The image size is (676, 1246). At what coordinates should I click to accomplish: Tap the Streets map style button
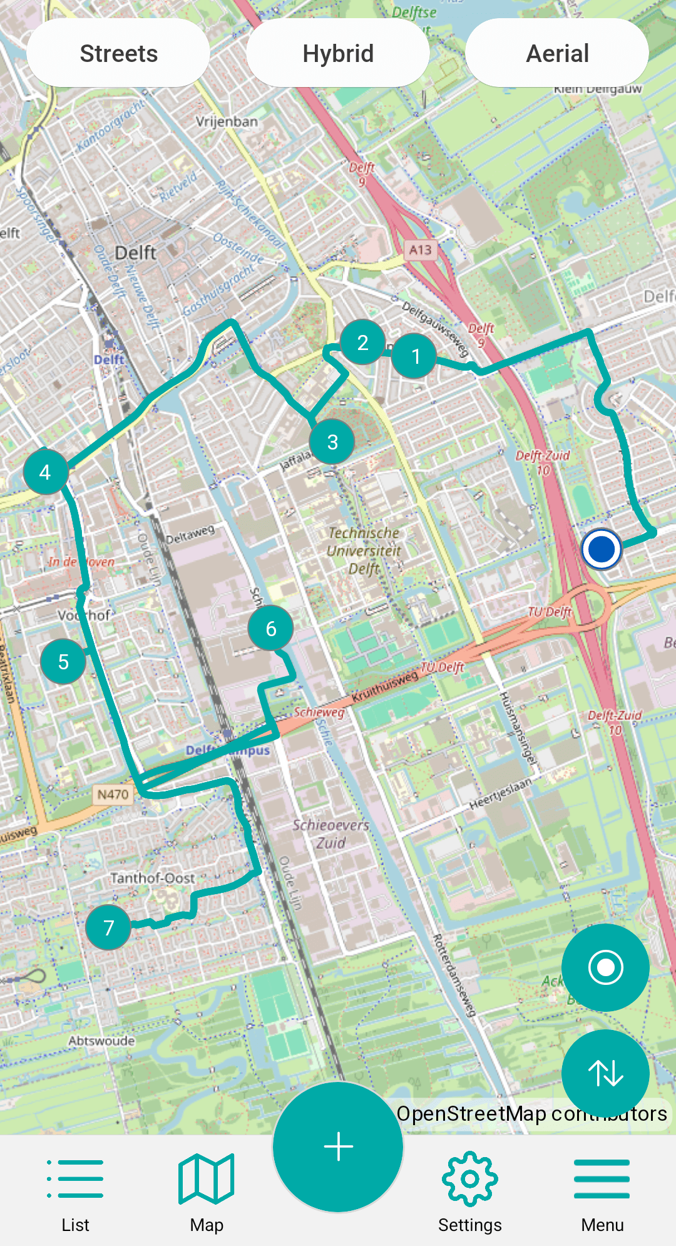coord(118,53)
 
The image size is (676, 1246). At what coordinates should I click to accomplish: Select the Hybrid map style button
coord(338,53)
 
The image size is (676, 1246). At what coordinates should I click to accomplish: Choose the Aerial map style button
coord(557,53)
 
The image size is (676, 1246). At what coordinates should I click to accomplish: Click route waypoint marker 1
coord(415,356)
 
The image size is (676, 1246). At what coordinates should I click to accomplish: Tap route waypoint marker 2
coord(362,342)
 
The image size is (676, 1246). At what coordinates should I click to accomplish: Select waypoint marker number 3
coord(332,442)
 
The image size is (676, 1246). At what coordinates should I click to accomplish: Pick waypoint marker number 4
coord(45,472)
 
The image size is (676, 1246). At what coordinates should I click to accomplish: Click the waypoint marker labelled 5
coord(63,662)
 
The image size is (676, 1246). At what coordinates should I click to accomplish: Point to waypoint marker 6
coord(270,629)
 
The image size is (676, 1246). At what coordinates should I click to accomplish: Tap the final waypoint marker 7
coord(108,927)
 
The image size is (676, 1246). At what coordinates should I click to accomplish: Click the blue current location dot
coord(601,549)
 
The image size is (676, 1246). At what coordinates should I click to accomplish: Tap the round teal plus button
coord(338,1147)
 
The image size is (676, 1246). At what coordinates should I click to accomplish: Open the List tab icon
coord(75,1178)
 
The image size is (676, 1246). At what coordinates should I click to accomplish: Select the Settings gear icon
coord(469,1178)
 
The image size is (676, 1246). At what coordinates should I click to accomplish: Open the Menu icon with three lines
coord(602,1178)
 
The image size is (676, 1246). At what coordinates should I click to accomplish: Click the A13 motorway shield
coord(420,250)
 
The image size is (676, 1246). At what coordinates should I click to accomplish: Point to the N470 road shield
coord(113,795)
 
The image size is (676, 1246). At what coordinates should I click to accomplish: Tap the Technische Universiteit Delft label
coord(364,550)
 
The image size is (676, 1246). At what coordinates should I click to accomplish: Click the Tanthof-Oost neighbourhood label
coord(152,878)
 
